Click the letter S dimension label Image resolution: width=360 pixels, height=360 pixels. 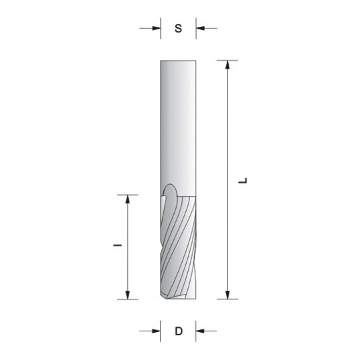178,29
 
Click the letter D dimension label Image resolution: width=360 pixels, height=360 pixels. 179,331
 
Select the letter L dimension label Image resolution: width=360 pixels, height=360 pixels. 243,180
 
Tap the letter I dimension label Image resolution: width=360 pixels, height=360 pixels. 117,245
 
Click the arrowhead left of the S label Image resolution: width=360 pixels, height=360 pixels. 157,29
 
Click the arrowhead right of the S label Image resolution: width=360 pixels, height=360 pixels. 200,29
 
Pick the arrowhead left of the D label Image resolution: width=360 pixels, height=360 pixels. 157,331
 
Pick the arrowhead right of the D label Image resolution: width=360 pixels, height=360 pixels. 200,331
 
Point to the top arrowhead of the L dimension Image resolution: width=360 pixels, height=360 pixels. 227,65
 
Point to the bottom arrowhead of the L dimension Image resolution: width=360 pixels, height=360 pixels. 227,295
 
